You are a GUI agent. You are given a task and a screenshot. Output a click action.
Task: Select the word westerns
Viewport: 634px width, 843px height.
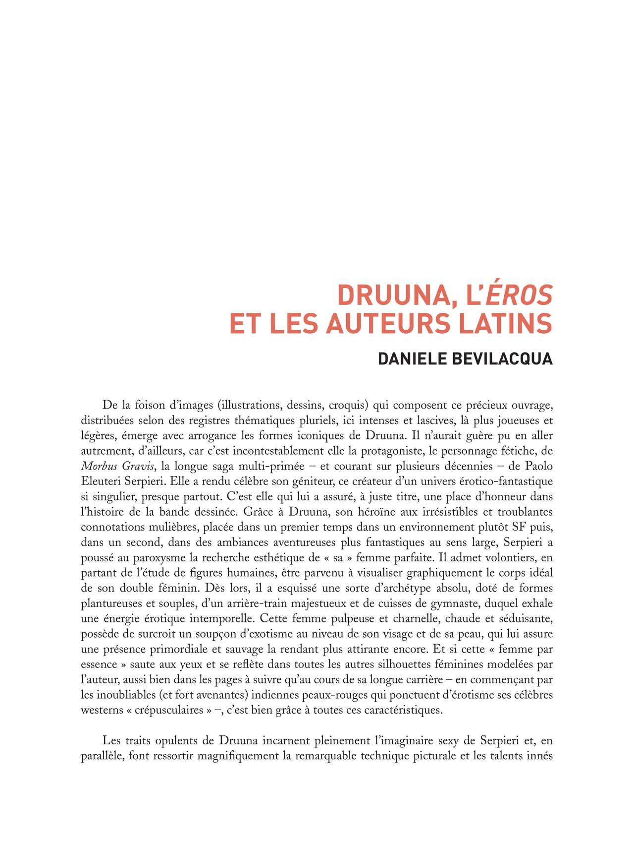(x=101, y=710)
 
